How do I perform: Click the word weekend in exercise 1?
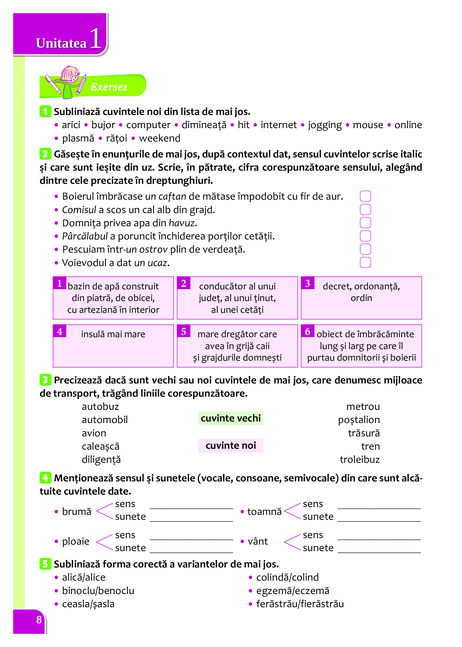pyautogui.click(x=160, y=138)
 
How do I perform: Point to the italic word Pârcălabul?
pyautogui.click(x=85, y=236)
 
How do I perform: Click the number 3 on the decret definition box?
pyautogui.click(x=308, y=283)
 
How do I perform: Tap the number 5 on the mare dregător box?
pyautogui.click(x=184, y=332)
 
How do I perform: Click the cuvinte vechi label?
pyautogui.click(x=231, y=418)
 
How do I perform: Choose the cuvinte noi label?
pyautogui.click(x=231, y=446)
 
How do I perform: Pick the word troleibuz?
pyautogui.click(x=360, y=459)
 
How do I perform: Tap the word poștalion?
pyautogui.click(x=359, y=420)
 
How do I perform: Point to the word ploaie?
pyautogui.click(x=76, y=541)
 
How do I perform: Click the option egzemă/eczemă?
pyautogui.click(x=293, y=591)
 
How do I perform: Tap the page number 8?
pyautogui.click(x=39, y=620)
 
